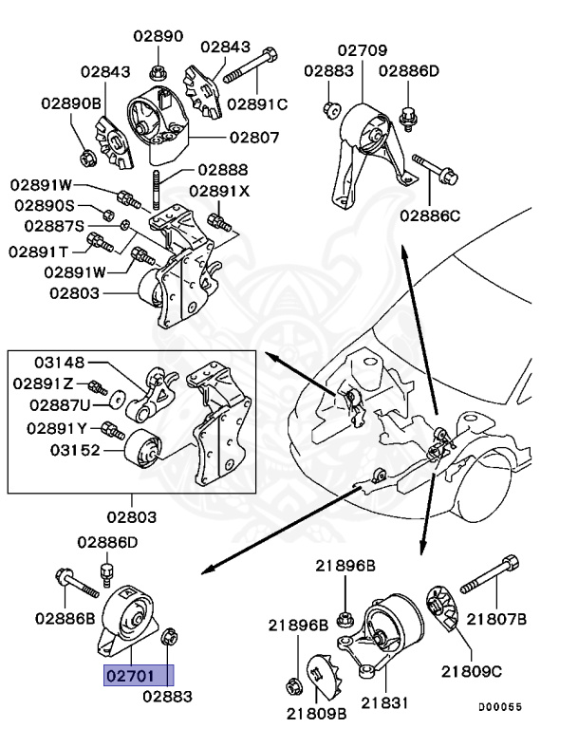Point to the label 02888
click(x=223, y=171)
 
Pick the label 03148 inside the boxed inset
click(x=61, y=362)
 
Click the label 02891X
click(x=218, y=190)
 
